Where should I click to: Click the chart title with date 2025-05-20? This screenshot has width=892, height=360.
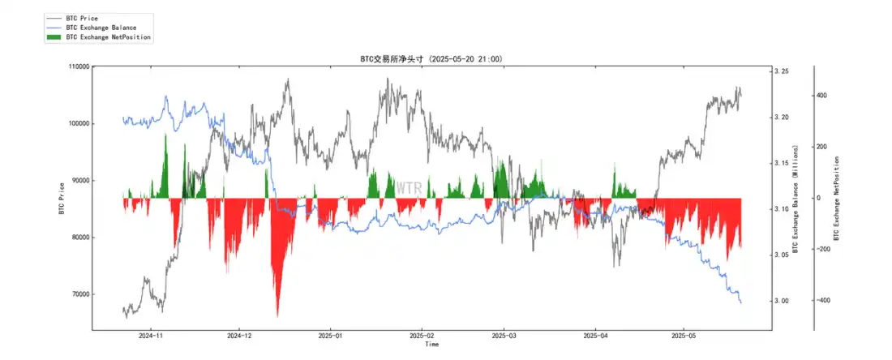coord(432,59)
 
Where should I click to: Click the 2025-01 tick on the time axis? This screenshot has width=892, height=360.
coord(330,335)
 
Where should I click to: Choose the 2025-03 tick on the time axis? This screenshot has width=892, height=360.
coord(504,335)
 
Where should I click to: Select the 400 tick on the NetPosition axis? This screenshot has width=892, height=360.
coord(821,96)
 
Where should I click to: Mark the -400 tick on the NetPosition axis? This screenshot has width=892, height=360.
coord(822,301)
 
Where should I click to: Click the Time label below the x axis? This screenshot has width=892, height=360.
coord(432,345)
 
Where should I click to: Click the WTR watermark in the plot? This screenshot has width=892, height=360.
coord(408,188)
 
